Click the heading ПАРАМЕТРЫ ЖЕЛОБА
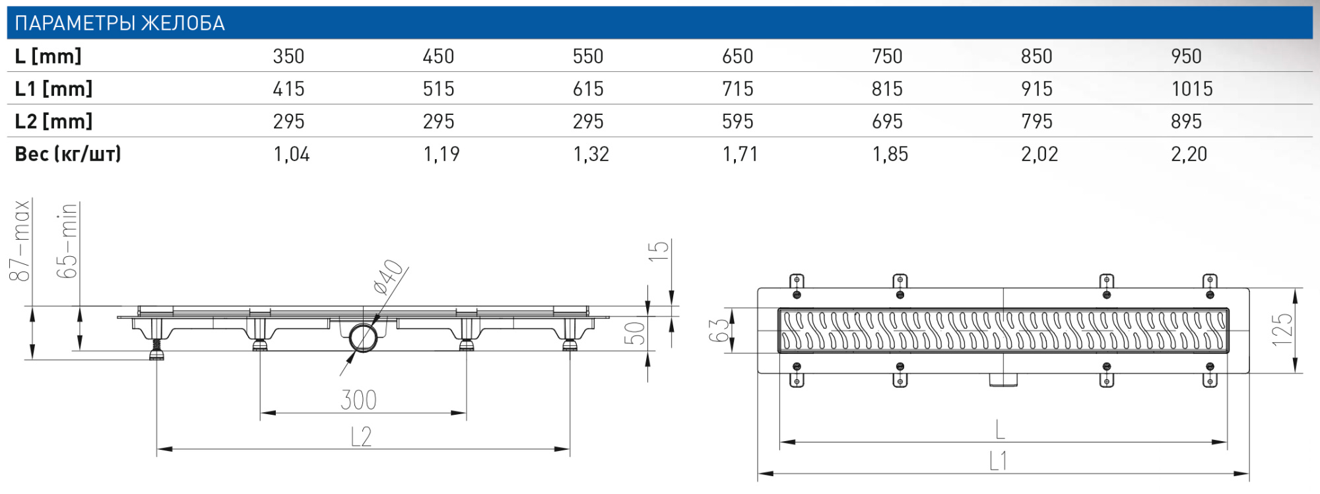(x=119, y=24)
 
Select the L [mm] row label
(x=48, y=56)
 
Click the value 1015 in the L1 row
(x=1191, y=88)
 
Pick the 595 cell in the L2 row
(x=737, y=122)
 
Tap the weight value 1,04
(x=291, y=154)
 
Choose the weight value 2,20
(x=1188, y=154)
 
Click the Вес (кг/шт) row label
(x=68, y=154)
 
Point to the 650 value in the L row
(x=737, y=56)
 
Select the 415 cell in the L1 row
(x=288, y=88)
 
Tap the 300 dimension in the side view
(x=358, y=400)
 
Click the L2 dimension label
(x=361, y=437)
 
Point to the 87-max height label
(x=20, y=240)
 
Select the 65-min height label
(x=67, y=240)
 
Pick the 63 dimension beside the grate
(x=719, y=330)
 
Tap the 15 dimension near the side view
(x=658, y=251)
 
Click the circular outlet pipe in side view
(x=363, y=337)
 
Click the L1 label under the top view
(x=998, y=461)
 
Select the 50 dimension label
(x=634, y=333)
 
